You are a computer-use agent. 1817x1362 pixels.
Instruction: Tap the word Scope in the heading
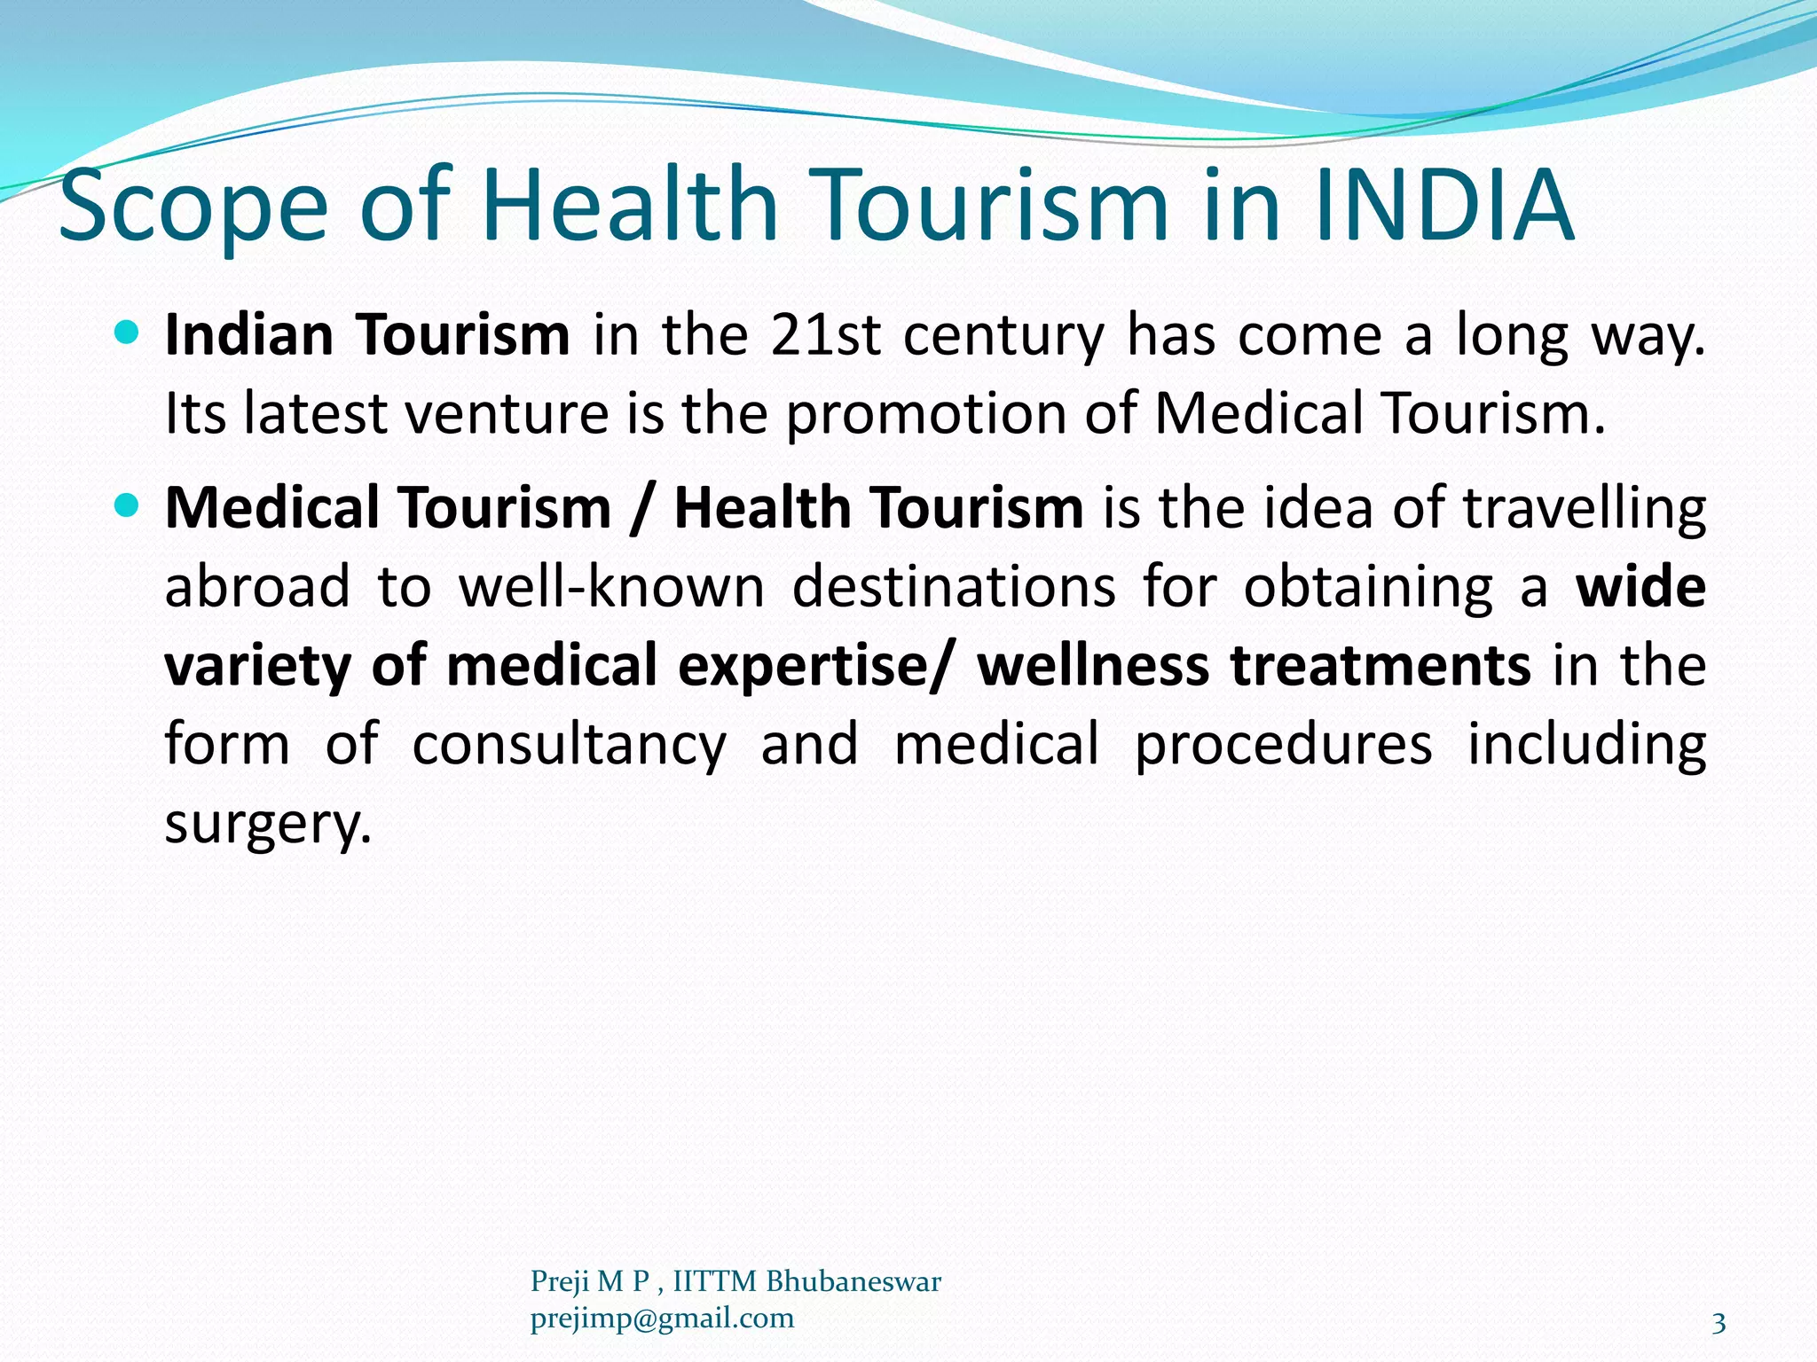[193, 208]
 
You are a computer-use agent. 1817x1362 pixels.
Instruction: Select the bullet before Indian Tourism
[128, 333]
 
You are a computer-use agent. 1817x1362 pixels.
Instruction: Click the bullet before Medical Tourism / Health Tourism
[128, 506]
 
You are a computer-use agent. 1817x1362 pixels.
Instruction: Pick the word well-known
[611, 587]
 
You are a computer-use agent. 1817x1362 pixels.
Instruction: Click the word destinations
[954, 587]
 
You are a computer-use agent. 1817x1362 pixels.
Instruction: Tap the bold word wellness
[1092, 665]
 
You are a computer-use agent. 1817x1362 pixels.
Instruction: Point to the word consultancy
[569, 745]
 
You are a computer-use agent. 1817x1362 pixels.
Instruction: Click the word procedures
[1283, 745]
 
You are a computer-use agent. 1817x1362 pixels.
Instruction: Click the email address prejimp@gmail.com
[662, 1319]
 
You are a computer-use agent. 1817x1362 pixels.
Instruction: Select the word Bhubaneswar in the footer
[853, 1281]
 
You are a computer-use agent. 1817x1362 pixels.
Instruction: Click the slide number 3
[1719, 1324]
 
